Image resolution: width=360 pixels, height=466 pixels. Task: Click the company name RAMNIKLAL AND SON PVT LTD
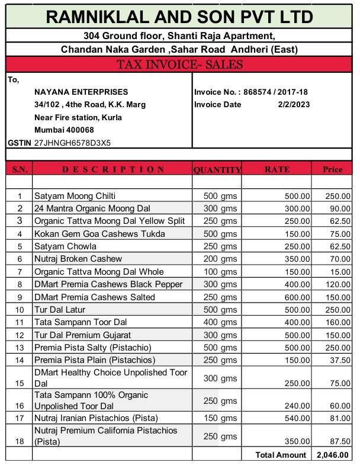pyautogui.click(x=179, y=17)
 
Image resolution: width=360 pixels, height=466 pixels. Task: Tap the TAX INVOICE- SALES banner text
pyautogui.click(x=179, y=65)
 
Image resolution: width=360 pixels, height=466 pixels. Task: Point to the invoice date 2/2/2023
pyautogui.click(x=294, y=105)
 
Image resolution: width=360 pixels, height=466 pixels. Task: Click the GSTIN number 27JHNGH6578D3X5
pyautogui.click(x=72, y=143)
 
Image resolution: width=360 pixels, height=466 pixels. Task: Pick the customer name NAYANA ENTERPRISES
pyautogui.click(x=81, y=92)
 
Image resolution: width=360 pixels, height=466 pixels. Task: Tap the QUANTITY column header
pyautogui.click(x=217, y=170)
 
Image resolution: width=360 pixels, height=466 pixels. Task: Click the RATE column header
pyautogui.click(x=277, y=169)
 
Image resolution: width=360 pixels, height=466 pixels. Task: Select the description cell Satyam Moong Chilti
pyautogui.click(x=75, y=195)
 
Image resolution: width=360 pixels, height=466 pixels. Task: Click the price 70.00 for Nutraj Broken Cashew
pyautogui.click(x=339, y=259)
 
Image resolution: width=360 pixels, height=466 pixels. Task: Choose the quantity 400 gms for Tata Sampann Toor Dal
pyautogui.click(x=220, y=322)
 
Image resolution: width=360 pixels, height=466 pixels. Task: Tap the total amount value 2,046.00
pyautogui.click(x=332, y=455)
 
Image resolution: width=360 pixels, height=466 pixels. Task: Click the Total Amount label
pyautogui.click(x=281, y=455)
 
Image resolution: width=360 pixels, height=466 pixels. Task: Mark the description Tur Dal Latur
pyautogui.click(x=60, y=310)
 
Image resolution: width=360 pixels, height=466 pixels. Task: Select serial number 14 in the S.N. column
pyautogui.click(x=20, y=360)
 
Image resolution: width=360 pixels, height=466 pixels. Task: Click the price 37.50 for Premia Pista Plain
pyautogui.click(x=339, y=360)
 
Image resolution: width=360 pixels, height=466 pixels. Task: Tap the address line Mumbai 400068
pyautogui.click(x=64, y=130)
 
